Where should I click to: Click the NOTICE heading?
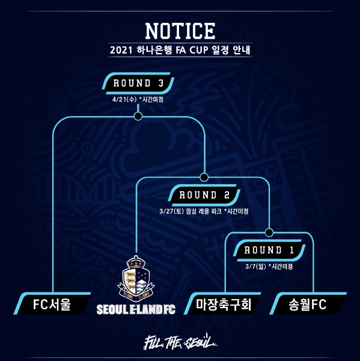click(x=180, y=31)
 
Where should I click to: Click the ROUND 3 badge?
click(x=138, y=83)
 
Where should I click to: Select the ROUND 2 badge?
click(x=204, y=195)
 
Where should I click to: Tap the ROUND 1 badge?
click(x=269, y=250)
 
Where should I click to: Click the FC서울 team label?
click(x=52, y=304)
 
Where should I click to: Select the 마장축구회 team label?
click(x=223, y=304)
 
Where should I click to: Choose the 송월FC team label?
click(x=308, y=304)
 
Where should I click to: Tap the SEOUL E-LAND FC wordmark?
click(x=136, y=309)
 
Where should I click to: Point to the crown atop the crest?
click(x=136, y=262)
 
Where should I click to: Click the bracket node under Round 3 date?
click(x=138, y=116)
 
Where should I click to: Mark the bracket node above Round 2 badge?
click(x=204, y=177)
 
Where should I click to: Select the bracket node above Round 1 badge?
click(x=269, y=232)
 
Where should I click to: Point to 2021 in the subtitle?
click(x=121, y=50)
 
